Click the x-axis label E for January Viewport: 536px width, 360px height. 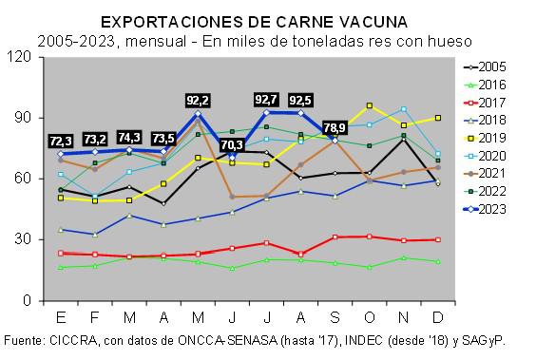click(61, 316)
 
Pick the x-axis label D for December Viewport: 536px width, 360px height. click(437, 316)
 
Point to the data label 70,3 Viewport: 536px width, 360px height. click(232, 144)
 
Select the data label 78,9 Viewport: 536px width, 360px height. click(335, 127)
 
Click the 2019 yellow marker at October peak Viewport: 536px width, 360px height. click(369, 105)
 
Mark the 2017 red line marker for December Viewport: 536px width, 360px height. click(437, 239)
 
